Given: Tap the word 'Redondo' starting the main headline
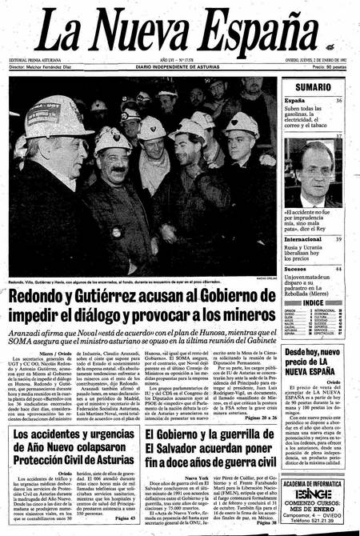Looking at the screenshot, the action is (49, 298).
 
